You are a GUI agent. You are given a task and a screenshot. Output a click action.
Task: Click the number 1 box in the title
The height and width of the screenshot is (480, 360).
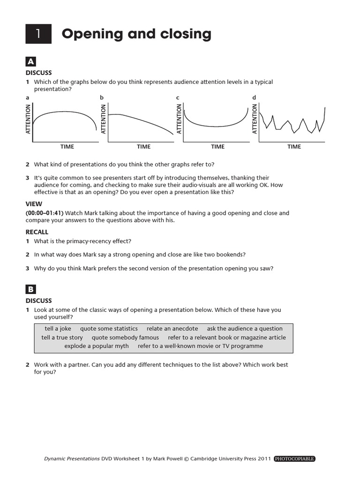(x=39, y=34)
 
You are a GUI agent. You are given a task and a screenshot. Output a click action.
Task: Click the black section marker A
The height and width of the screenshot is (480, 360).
(x=31, y=61)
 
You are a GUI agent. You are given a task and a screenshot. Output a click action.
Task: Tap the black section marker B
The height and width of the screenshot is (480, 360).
(x=31, y=289)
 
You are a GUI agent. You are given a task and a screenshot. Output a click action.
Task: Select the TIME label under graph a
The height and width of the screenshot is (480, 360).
(x=67, y=147)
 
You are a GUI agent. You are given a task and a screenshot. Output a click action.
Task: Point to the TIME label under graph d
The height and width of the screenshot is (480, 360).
(x=294, y=147)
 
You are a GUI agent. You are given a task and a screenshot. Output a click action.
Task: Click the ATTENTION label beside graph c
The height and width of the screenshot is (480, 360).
(x=179, y=120)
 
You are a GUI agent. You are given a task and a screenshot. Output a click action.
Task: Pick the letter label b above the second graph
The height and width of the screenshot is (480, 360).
(x=102, y=97)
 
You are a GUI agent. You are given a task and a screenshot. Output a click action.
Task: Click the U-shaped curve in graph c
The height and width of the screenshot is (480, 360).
(x=216, y=125)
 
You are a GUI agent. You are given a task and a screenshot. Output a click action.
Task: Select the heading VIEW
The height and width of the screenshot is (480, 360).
(x=33, y=204)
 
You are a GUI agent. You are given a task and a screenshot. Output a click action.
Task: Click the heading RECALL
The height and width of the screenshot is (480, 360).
(x=37, y=232)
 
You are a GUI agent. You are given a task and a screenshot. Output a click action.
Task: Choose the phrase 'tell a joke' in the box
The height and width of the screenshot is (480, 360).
(x=58, y=329)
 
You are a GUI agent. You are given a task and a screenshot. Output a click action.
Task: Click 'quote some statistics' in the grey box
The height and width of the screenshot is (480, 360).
(x=109, y=329)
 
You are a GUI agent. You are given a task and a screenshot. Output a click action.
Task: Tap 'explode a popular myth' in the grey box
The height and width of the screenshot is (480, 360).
(x=97, y=346)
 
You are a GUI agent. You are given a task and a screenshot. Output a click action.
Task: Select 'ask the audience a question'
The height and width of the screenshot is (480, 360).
(x=245, y=329)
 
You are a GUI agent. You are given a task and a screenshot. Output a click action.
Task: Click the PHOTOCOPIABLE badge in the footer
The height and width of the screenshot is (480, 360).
(x=294, y=458)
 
